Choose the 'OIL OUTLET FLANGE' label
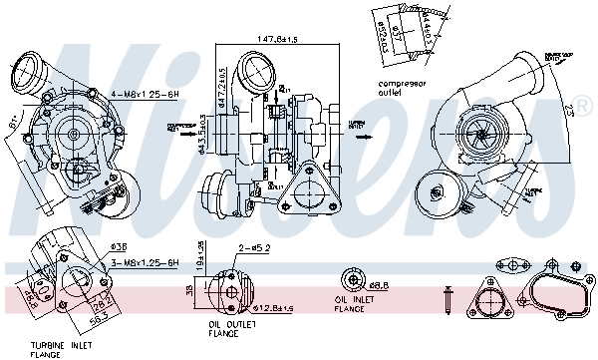pyautogui.click(x=232, y=328)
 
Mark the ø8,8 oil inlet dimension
pyautogui.click(x=376, y=285)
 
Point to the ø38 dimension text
pyautogui.click(x=116, y=246)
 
